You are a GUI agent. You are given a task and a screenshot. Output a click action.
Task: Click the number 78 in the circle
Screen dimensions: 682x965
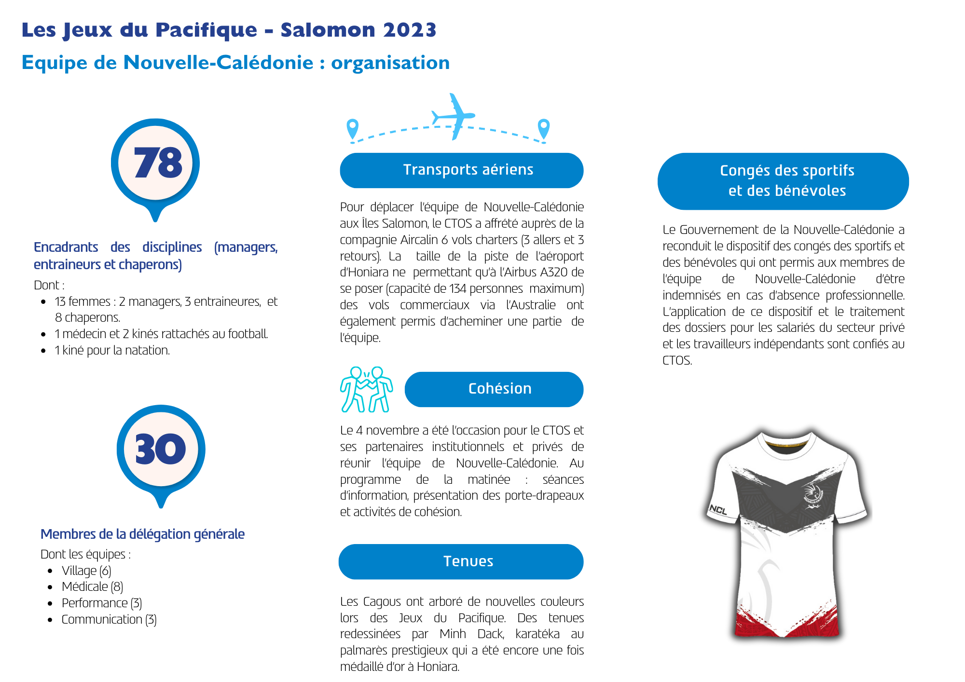pos(158,163)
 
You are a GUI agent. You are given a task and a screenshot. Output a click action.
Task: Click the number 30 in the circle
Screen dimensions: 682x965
pos(160,449)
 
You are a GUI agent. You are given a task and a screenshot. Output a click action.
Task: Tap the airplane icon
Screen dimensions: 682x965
pos(454,116)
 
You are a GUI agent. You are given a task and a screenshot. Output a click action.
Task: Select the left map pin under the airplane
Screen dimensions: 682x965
pos(353,129)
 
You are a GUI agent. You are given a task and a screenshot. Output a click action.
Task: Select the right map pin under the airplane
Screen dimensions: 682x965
pos(544,129)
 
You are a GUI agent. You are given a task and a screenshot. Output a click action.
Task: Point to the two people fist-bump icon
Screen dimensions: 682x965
pos(366,389)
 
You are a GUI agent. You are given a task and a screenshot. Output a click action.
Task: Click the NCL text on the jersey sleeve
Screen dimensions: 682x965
pos(718,510)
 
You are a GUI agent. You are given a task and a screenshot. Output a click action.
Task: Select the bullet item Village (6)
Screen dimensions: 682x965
pos(86,571)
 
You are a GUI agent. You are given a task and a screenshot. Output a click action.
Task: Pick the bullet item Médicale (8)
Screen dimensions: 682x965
pos(92,587)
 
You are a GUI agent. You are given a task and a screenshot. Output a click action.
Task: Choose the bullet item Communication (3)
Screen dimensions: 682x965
pos(109,619)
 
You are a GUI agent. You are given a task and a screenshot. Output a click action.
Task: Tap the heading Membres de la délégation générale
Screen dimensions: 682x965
pos(142,534)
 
